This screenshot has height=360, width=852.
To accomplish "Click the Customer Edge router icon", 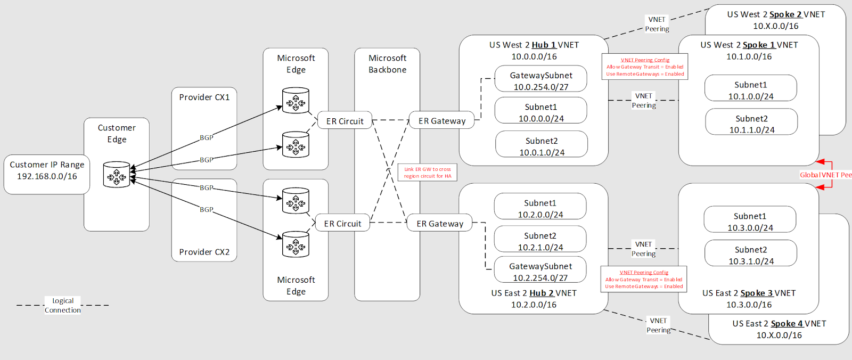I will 117,174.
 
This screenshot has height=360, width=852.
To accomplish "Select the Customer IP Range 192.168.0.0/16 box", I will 47,170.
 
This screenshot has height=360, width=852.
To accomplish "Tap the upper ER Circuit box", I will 345,121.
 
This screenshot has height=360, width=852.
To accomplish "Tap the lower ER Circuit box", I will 342,224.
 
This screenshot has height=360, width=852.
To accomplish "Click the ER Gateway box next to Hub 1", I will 441,121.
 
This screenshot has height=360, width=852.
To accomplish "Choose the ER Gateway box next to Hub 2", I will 440,224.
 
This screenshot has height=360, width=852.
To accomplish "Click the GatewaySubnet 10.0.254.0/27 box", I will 541,80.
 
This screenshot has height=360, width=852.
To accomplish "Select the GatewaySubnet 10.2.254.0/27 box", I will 540,271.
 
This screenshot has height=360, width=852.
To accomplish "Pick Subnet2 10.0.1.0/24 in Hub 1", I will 542,146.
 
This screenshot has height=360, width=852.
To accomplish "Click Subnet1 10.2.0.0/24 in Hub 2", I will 540,208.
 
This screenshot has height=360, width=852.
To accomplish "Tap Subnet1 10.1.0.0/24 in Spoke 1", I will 751,90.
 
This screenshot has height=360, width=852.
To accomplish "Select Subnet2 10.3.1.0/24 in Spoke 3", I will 751,255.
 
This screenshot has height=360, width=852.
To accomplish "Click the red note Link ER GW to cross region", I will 427,173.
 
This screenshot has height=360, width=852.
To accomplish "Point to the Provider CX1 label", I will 204,97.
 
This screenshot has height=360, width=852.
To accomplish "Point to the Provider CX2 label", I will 204,252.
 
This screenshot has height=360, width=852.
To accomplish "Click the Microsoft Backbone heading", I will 387,63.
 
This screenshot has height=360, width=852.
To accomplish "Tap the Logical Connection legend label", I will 63,305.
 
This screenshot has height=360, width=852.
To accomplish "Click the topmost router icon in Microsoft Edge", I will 296,101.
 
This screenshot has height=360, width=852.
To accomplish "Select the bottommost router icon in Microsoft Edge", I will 296,244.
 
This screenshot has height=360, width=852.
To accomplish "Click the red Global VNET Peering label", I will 825,175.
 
